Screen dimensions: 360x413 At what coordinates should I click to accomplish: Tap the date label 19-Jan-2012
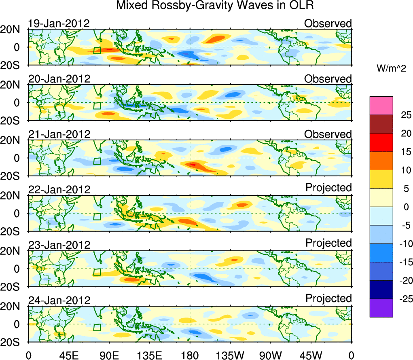pos(59,23)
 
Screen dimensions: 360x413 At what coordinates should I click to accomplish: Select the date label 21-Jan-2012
pos(59,134)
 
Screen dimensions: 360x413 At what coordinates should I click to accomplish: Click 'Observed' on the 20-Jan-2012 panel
pos(328,79)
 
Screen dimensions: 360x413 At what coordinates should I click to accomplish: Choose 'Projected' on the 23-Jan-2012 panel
pos(328,243)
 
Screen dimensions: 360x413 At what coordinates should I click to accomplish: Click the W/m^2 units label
pos(392,69)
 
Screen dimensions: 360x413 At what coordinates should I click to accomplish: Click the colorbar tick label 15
pos(400,152)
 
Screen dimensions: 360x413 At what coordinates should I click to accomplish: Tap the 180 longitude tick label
pos(190,355)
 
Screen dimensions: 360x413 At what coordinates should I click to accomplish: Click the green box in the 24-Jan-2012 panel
pos(97,327)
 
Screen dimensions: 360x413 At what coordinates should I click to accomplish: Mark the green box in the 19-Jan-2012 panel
pos(97,50)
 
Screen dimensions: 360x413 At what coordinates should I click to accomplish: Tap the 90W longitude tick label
pos(271,355)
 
